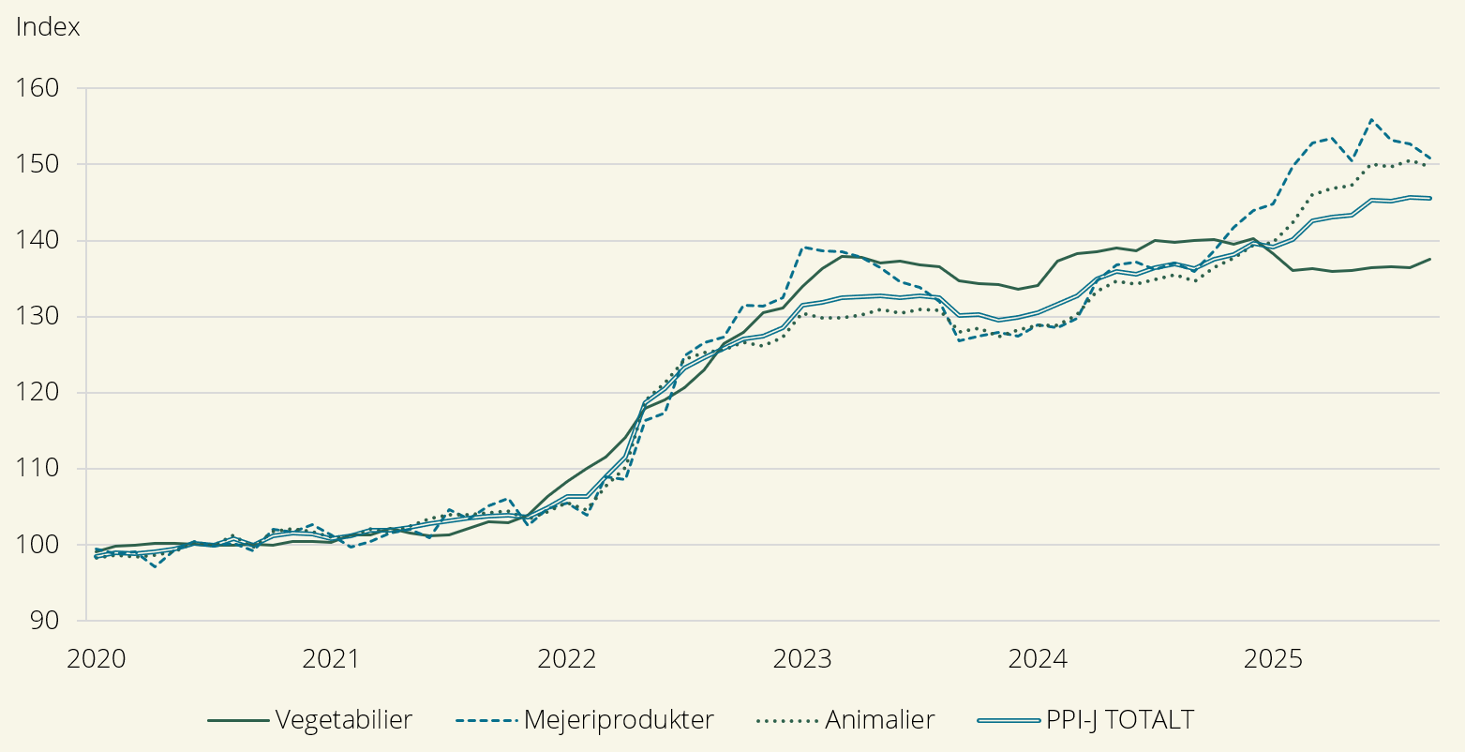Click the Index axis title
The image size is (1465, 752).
pos(48,27)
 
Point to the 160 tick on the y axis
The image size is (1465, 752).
pos(38,88)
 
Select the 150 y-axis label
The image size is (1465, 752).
pos(38,164)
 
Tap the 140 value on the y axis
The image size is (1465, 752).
pos(38,240)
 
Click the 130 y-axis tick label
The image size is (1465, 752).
pos(38,316)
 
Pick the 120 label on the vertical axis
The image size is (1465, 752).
pos(38,392)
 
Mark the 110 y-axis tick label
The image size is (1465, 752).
pos(38,468)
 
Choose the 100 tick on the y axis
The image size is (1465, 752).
pos(38,544)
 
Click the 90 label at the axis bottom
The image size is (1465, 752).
pos(43,620)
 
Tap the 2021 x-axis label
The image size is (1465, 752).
pos(331,659)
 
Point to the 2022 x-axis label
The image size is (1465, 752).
pos(566,659)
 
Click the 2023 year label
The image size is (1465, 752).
pos(801,659)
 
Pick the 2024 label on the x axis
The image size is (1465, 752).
pos(1037,659)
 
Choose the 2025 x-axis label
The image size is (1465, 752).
pos(1272,659)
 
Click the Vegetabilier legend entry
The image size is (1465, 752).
pos(343,720)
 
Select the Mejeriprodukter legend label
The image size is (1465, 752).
pos(619,720)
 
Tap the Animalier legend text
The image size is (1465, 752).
pos(879,720)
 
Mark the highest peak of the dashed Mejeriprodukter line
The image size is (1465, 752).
pos(1372,120)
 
